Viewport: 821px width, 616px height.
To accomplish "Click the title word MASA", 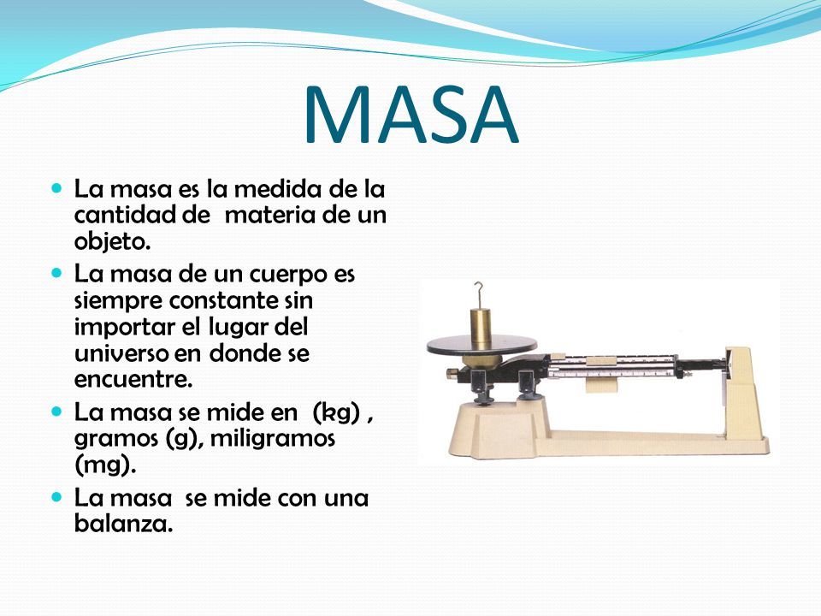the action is click(411, 114).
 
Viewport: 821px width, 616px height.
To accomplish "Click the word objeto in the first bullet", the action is click(112, 241).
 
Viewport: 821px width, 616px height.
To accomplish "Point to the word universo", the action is click(122, 353).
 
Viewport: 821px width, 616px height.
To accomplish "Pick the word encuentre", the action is click(133, 379).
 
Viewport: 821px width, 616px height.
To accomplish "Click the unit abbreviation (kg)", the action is click(336, 412).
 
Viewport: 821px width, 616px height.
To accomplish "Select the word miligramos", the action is click(272, 438).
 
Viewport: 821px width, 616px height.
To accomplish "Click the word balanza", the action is click(123, 523).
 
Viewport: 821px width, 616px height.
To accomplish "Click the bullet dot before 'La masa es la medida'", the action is click(57, 187).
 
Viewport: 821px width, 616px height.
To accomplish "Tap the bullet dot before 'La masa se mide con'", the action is click(57, 496).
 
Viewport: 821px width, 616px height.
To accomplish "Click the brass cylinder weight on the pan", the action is click(480, 326).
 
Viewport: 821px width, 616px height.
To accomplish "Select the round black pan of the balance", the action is click(481, 346).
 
